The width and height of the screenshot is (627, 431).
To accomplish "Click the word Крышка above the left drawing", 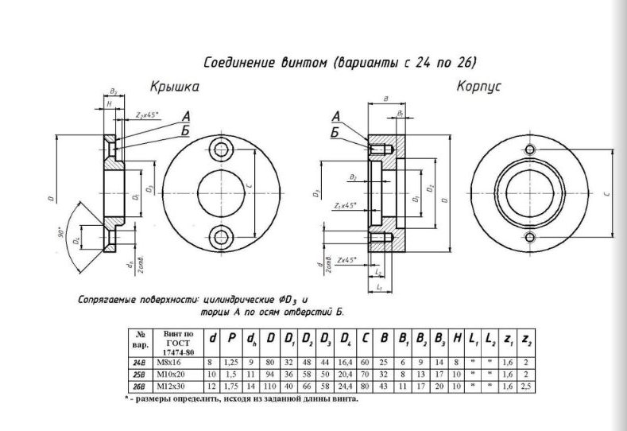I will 174,87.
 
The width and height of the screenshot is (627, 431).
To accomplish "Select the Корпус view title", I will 478,86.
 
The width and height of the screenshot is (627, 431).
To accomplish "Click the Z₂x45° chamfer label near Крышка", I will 147,116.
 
